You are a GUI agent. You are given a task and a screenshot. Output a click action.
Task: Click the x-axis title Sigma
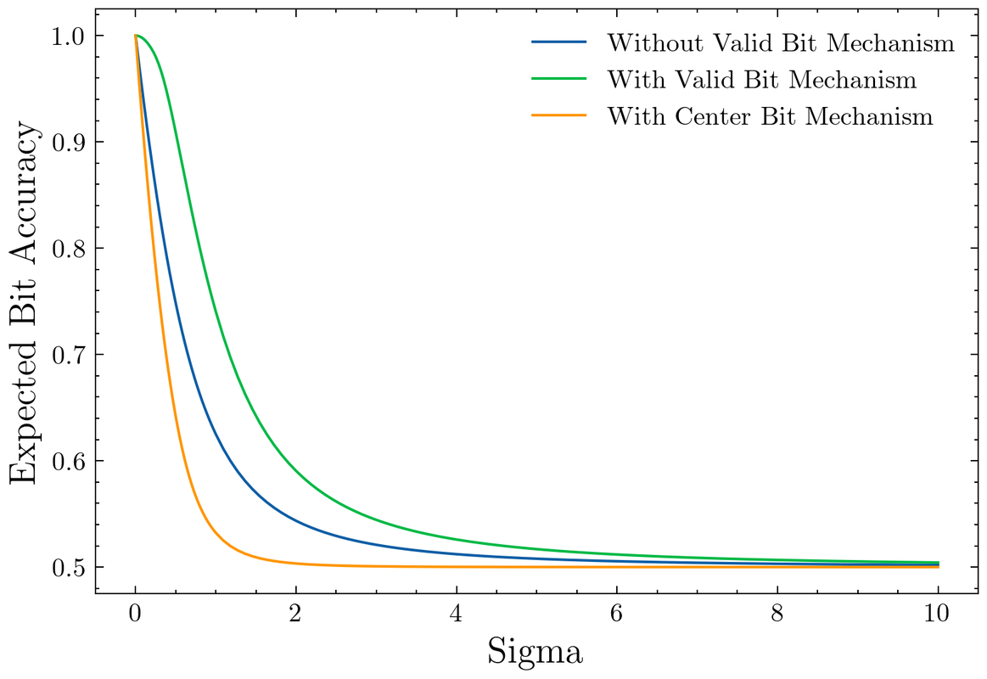pyautogui.click(x=535, y=652)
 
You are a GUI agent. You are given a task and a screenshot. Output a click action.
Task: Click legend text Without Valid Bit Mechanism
pyautogui.click(x=781, y=42)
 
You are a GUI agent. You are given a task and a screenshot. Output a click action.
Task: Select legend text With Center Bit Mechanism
pyautogui.click(x=770, y=116)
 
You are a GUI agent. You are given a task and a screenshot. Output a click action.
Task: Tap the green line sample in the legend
pyautogui.click(x=558, y=80)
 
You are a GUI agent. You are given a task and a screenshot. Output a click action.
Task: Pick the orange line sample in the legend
pyautogui.click(x=558, y=116)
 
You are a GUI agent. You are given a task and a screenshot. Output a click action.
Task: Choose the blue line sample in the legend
pyautogui.click(x=558, y=42)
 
